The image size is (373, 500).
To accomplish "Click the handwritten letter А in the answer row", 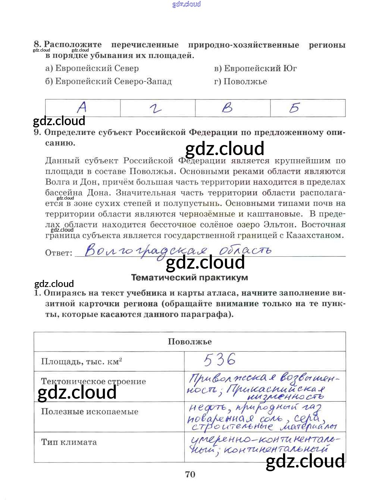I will coord(82,108).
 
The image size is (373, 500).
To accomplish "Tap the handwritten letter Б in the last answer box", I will coord(294,108).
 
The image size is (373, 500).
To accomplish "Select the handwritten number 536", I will coord(220,359).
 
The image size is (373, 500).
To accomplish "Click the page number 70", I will coord(190,474).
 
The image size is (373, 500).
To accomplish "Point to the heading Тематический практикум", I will coord(189,278).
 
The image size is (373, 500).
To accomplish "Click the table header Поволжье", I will coord(189,342).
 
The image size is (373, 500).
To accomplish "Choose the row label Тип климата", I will coord(69,442).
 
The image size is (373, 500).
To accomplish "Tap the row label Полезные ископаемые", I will coord(90,412).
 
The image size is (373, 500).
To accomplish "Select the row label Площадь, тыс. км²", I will coord(82,362).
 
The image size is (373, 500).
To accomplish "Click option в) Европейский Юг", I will coord(256,68).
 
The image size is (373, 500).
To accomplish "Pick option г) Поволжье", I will coord(241,81).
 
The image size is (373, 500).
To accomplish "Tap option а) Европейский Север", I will coord(92,68).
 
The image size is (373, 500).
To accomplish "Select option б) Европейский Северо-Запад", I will coord(109,81).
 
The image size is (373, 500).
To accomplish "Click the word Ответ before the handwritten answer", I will coord(59,253).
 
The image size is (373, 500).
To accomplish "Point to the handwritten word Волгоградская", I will coord(145,250).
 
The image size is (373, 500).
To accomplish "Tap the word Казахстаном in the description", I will coord(314,235).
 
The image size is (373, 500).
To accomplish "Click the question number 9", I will coord(37,133).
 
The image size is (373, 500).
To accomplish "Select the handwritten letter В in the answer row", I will coord(227,108).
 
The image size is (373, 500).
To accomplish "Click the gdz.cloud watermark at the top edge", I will coord(186,4).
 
